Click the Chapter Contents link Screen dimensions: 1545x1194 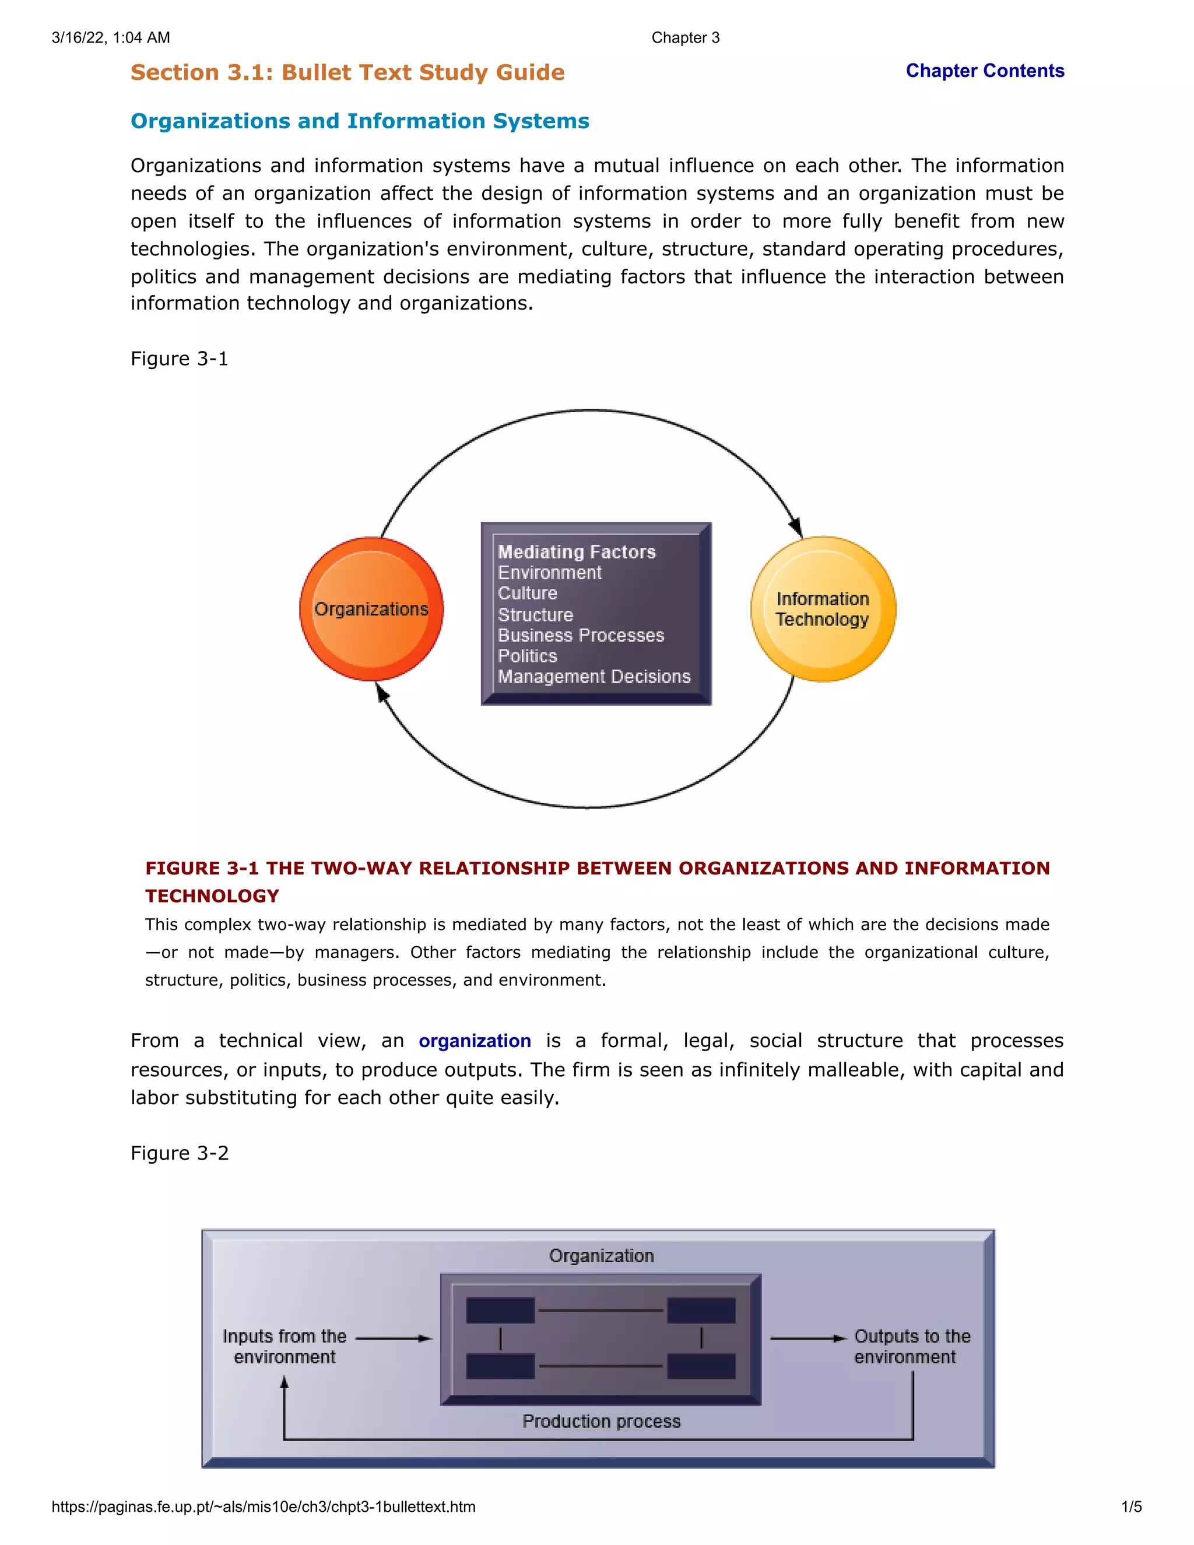(x=985, y=71)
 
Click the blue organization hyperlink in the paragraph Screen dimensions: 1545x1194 (x=475, y=1041)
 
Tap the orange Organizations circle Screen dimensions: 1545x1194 (x=371, y=609)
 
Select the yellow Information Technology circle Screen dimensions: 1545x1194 (x=823, y=609)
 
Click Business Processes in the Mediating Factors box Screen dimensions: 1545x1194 (x=581, y=635)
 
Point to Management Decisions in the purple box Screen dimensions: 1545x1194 (x=594, y=676)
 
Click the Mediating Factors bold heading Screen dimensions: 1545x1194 (x=577, y=552)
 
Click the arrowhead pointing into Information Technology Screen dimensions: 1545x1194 (x=796, y=527)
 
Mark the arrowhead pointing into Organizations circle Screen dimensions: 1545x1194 (x=382, y=694)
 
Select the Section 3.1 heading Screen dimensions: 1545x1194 (x=347, y=72)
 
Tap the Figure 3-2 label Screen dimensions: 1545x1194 (x=180, y=1153)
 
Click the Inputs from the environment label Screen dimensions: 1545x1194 (x=285, y=1346)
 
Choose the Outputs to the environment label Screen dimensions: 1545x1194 (x=911, y=1346)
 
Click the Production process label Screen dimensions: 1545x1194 (x=601, y=1421)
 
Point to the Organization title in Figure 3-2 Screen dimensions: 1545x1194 (x=601, y=1256)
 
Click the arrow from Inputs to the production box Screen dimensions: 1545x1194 (x=394, y=1337)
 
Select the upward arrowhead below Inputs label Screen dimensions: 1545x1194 (x=285, y=1382)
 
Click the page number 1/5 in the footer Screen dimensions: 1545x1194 (x=1131, y=1507)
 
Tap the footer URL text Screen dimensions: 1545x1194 (x=263, y=1507)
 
